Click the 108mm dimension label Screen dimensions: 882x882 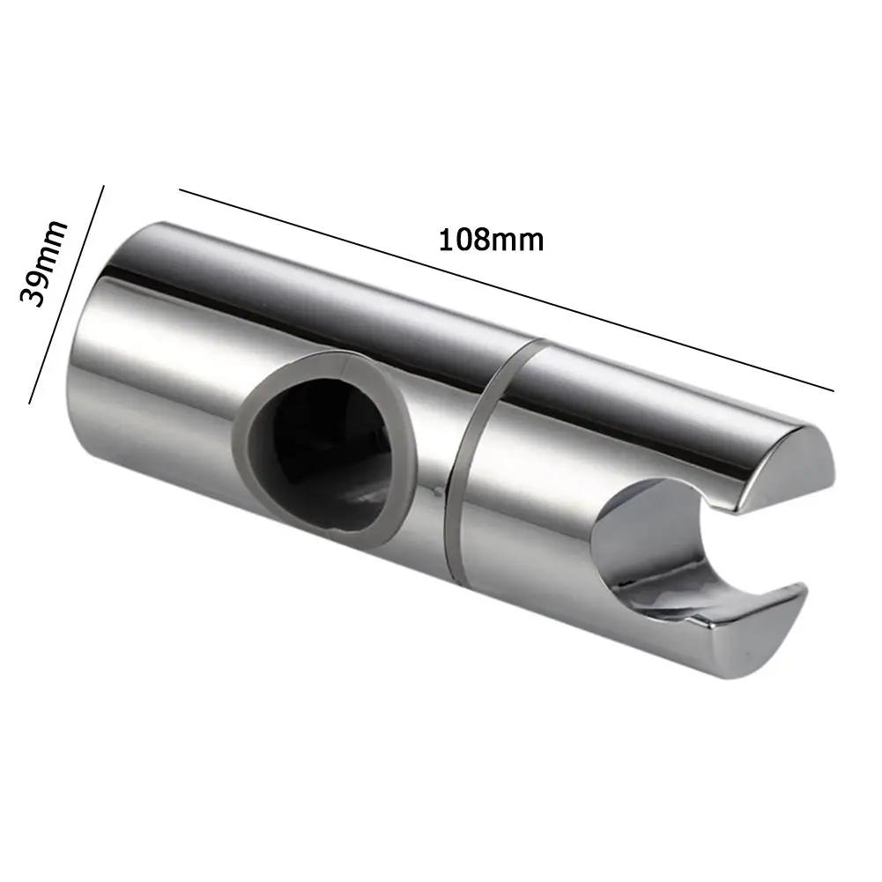[491, 240]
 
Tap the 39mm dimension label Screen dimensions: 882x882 [44, 262]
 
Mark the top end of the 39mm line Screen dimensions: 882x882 [104, 186]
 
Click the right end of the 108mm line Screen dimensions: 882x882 [833, 389]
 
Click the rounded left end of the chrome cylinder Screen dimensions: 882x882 [88, 370]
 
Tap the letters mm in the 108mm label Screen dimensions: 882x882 [518, 240]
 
